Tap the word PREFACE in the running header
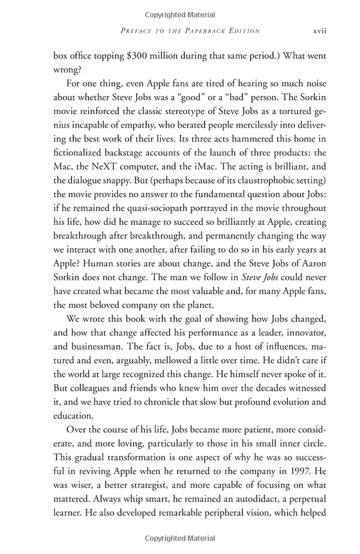tap(139, 31)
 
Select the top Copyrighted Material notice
tap(180, 14)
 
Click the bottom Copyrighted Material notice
tap(180, 540)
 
